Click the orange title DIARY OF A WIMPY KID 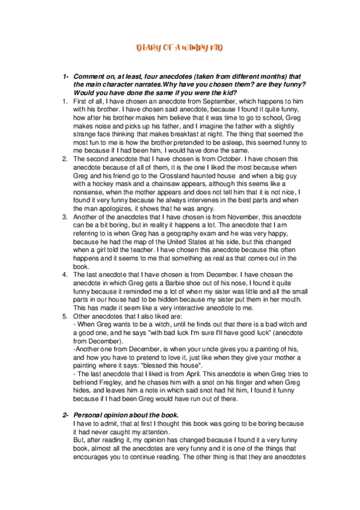pyautogui.click(x=180, y=48)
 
